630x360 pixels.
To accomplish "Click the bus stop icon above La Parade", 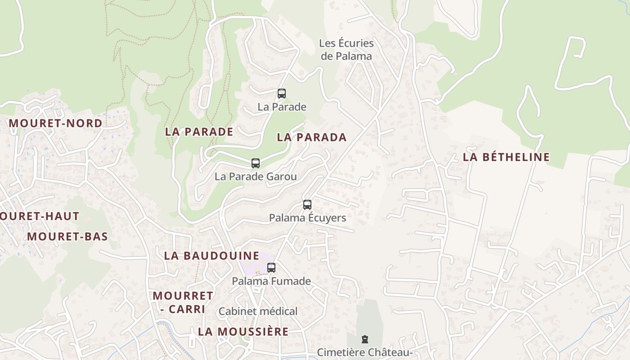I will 282,94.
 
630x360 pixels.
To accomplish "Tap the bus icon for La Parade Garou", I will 256,163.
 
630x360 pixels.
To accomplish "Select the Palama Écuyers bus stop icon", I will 307,205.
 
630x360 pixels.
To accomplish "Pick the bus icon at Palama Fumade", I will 271,268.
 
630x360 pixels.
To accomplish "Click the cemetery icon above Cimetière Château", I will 365,339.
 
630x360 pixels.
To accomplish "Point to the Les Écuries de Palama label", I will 346,49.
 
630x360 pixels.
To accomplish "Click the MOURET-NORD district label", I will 55,123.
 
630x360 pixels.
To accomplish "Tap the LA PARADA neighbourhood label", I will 312,138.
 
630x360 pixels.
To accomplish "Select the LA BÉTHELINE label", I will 506,157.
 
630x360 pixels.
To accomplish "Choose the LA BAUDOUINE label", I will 211,256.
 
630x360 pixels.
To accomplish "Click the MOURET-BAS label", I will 67,237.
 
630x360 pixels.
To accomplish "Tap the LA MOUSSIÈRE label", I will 243,332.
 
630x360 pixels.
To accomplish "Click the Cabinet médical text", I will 258,311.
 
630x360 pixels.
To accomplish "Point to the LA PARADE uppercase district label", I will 199,132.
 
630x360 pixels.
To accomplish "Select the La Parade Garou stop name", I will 256,176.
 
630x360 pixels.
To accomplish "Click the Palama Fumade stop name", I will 271,281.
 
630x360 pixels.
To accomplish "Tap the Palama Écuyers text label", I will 307,218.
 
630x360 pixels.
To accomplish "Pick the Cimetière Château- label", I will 365,352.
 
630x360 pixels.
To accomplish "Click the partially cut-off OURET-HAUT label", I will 40,216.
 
